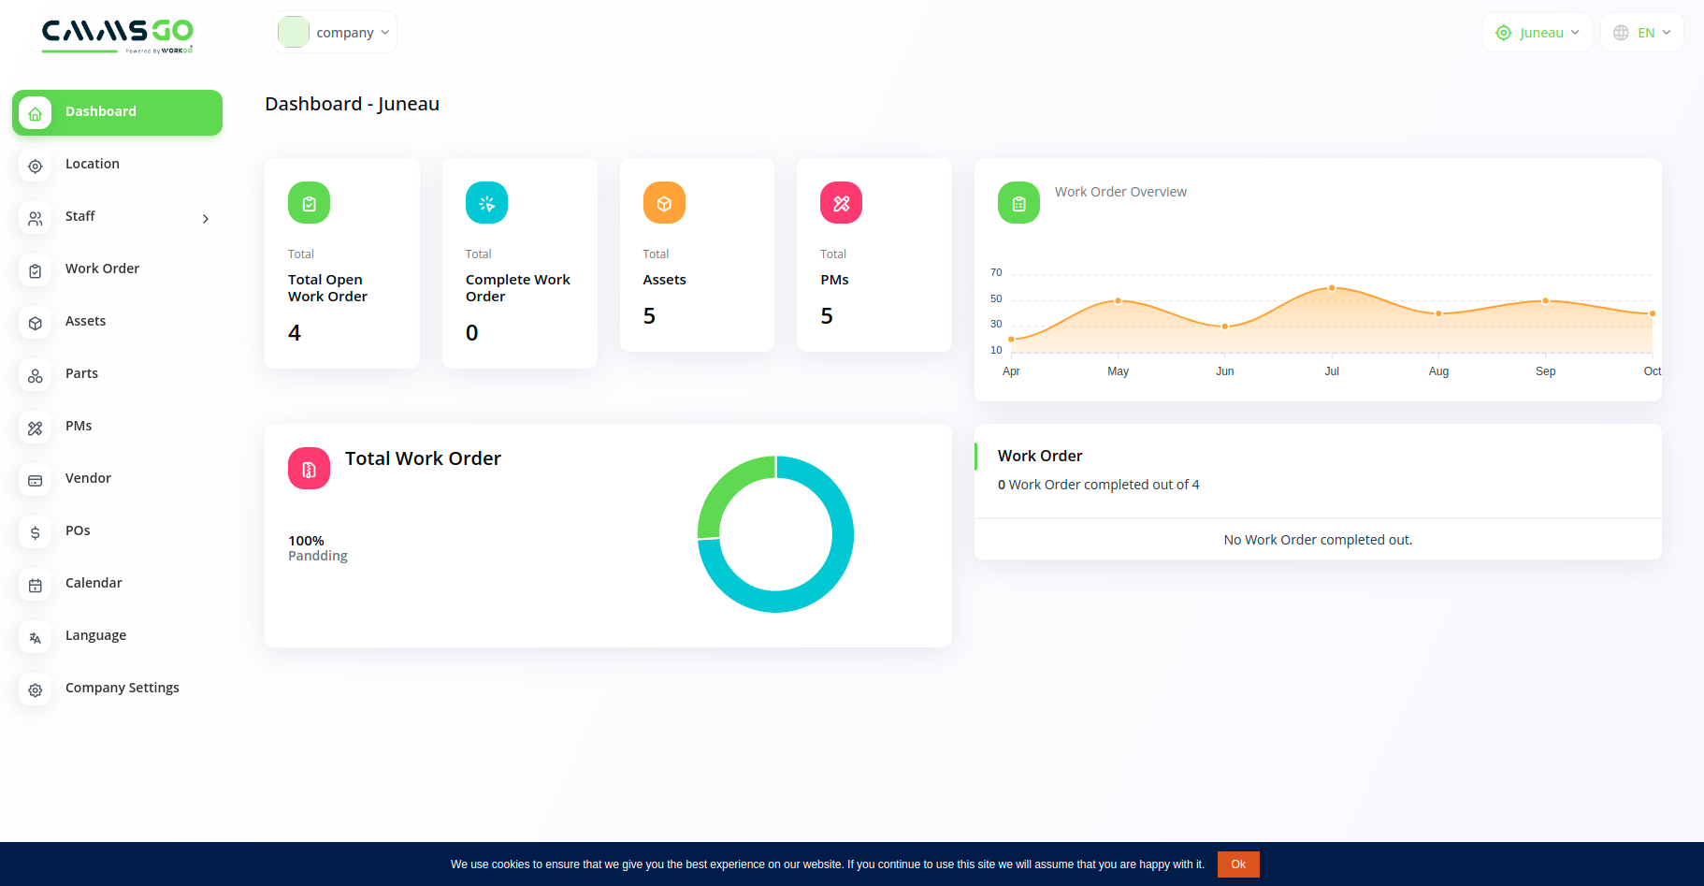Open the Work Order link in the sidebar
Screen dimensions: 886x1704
tap(102, 269)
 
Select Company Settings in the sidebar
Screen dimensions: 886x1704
tap(122, 689)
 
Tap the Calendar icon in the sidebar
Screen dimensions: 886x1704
tap(36, 586)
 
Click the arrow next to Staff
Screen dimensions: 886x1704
tap(206, 219)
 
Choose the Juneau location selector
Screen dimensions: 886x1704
tap(1537, 33)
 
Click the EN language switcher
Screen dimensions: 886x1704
tap(1642, 33)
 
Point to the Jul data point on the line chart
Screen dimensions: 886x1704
tap(1332, 288)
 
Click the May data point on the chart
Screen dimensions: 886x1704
tap(1118, 301)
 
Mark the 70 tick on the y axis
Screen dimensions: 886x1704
tap(996, 273)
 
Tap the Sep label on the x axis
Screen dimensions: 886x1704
tap(1545, 371)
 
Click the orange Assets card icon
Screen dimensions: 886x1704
tap(664, 203)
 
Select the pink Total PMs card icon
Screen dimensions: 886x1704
tap(841, 203)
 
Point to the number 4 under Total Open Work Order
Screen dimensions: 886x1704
tap(295, 333)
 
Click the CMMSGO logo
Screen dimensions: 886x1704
tap(117, 36)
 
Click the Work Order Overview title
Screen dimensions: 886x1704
tap(1120, 192)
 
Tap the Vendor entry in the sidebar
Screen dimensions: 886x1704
tap(88, 479)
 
